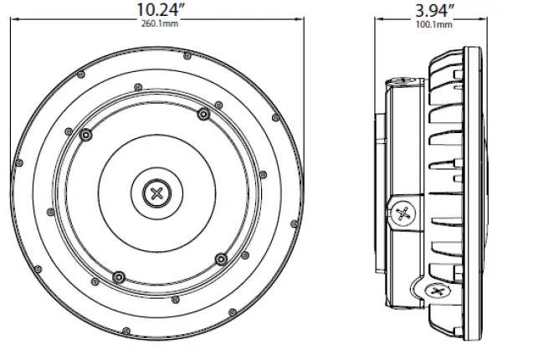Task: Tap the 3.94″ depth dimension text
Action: [434, 10]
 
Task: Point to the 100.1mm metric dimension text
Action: [434, 24]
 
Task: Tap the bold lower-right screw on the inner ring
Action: [220, 257]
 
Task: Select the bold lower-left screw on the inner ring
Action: [118, 275]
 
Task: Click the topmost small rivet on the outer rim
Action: [157, 53]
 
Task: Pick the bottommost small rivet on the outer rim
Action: [157, 332]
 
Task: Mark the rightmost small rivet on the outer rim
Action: [296, 192]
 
